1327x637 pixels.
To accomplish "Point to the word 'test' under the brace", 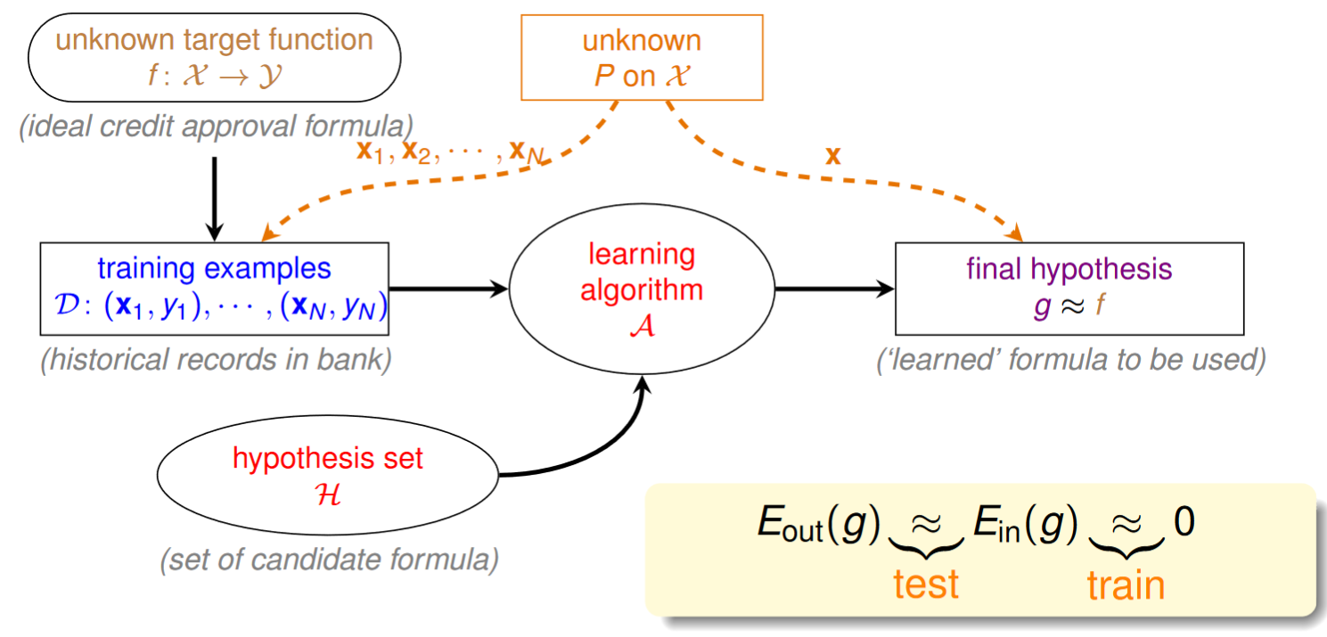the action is click(926, 584).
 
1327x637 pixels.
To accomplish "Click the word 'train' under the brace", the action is click(1126, 585).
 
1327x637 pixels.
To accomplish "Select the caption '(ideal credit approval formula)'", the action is click(216, 127).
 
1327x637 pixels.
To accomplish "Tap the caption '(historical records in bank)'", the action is click(216, 359).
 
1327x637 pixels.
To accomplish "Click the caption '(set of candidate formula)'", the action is click(329, 559).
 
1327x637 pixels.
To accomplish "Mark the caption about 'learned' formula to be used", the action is click(1071, 359).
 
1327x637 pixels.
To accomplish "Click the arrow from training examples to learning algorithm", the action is click(448, 289).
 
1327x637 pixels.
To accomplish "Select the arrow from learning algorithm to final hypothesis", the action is click(835, 289).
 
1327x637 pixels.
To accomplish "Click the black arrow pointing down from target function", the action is click(215, 199).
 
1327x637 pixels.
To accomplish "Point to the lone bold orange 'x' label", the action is click(833, 156).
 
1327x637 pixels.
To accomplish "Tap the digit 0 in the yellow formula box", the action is click(1184, 521).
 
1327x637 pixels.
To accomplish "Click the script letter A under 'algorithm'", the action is click(643, 325).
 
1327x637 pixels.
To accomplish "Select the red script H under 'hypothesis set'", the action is click(328, 494).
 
